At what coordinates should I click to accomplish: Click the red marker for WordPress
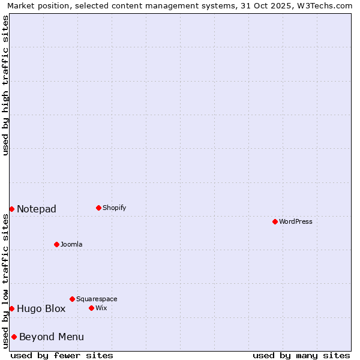[x=275, y=221]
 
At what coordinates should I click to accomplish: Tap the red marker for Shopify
[x=98, y=208]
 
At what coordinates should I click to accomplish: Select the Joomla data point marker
[x=56, y=244]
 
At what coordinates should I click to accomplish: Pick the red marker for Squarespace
[x=72, y=299]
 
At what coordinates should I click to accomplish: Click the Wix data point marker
[x=91, y=308]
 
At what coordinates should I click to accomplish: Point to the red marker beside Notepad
[x=11, y=209]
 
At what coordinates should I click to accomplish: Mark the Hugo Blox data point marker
[x=11, y=308]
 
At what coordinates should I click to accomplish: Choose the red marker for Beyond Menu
[x=14, y=337]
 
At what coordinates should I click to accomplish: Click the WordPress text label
[x=296, y=222]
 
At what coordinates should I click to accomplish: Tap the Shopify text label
[x=115, y=208]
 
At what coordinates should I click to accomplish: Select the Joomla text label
[x=71, y=245]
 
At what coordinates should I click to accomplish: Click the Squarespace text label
[x=97, y=299]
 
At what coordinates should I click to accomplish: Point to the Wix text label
[x=101, y=308]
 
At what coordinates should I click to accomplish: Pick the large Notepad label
[x=37, y=209]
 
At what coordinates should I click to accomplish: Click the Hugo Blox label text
[x=41, y=309]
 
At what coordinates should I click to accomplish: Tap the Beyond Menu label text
[x=52, y=337]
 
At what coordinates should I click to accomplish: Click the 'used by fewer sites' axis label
[x=62, y=355]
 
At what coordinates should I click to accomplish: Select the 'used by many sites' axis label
[x=301, y=355]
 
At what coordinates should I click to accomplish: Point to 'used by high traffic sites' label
[x=5, y=85]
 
